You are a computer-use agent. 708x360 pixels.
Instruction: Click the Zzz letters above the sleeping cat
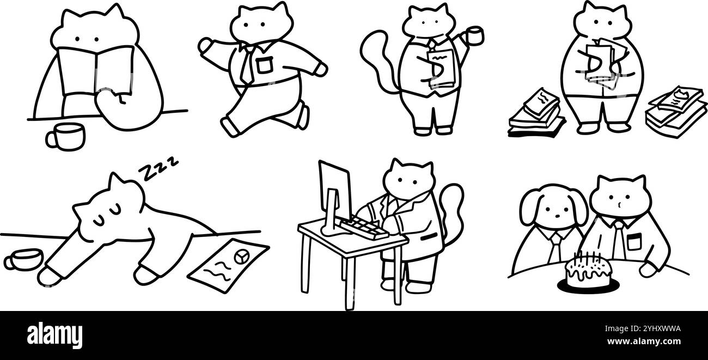pos(158,167)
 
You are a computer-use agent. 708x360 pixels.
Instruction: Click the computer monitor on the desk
pos(334,191)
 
